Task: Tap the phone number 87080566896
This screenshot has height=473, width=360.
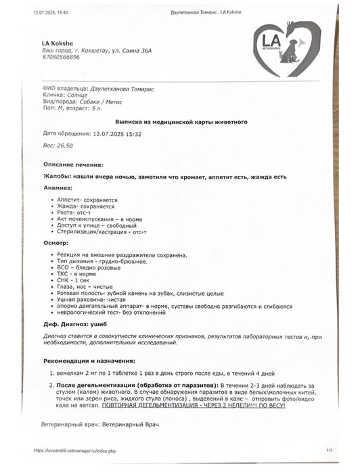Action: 61,58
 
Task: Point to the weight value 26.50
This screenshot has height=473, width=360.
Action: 65,145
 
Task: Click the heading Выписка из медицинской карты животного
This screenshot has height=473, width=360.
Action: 181,122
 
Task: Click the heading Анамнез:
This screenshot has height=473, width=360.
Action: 58,187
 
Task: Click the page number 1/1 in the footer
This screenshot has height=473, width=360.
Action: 329,449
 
